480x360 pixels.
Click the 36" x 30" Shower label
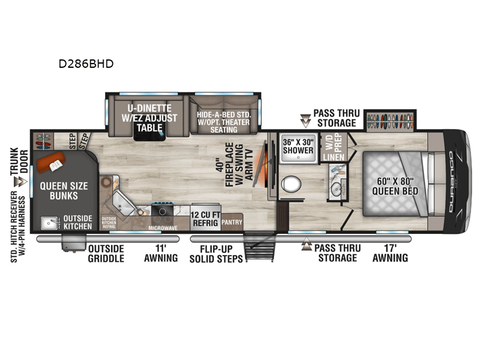pos(298,146)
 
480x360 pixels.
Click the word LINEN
pos(332,157)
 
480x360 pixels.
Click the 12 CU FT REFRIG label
pos(204,217)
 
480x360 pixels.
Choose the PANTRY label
pos(232,221)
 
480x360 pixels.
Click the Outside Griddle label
pos(106,253)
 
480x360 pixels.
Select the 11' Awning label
pos(161,253)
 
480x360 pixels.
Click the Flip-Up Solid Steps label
pos(216,253)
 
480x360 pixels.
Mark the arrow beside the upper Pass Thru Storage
pos(306,121)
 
